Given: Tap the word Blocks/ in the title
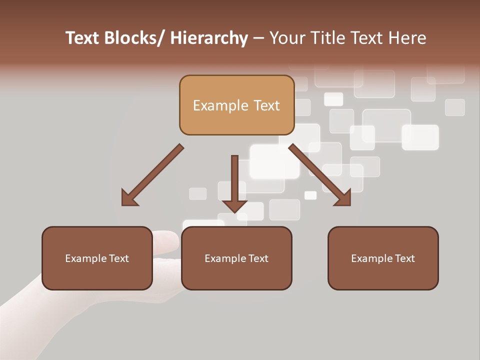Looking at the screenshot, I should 134,38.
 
